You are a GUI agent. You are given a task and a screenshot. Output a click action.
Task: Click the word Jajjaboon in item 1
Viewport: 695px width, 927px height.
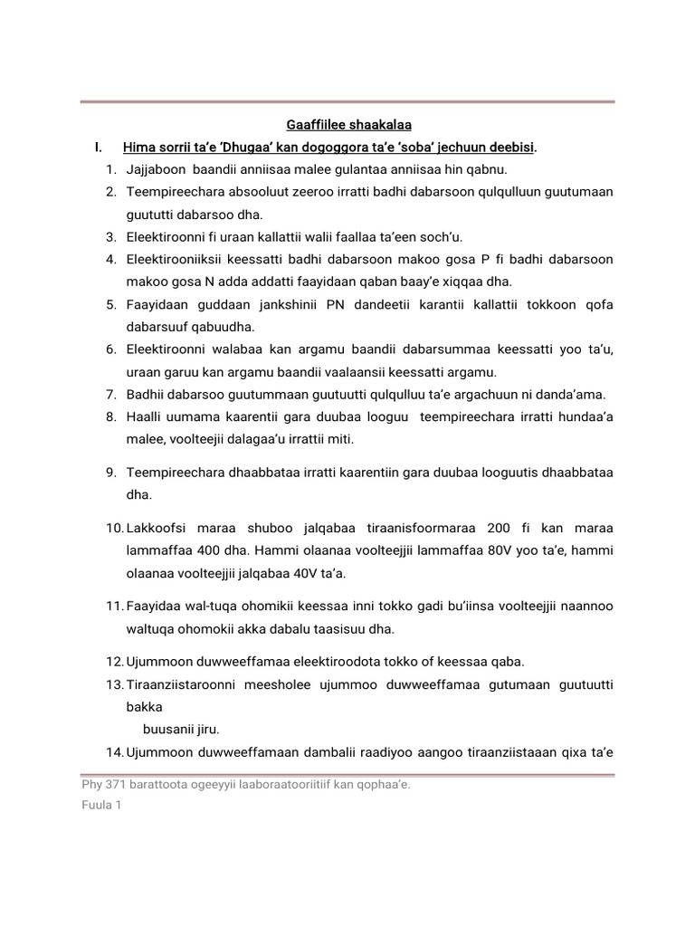[156, 169]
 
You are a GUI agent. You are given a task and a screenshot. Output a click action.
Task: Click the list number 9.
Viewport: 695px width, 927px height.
[111, 473]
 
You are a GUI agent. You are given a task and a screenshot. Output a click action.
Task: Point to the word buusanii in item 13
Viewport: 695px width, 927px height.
[167, 729]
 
